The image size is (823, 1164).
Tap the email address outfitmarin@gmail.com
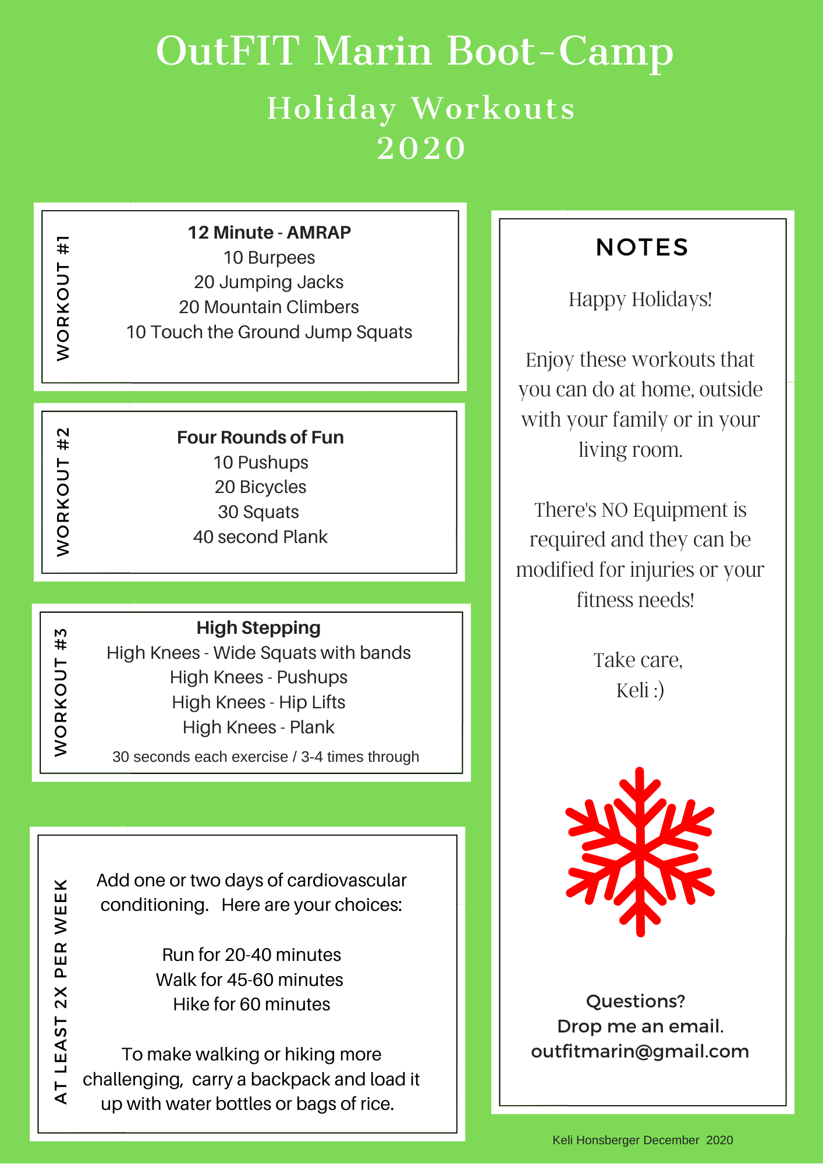tap(640, 1052)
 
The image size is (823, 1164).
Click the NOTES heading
tap(642, 247)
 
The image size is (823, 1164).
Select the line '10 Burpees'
tap(269, 258)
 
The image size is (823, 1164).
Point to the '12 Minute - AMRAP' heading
tap(269, 233)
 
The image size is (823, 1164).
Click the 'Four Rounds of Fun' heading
tap(260, 437)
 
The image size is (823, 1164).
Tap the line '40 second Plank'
tap(260, 537)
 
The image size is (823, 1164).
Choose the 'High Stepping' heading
tap(258, 627)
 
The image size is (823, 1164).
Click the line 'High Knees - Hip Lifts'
tap(258, 702)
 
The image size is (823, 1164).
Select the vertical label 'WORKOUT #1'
tap(63, 297)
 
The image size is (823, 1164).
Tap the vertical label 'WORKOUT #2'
tap(63, 492)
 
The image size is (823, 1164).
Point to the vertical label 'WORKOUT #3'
tap(61, 693)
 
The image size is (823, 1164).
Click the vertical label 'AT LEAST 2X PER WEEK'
tap(61, 991)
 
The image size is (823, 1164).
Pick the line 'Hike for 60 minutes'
tap(251, 1005)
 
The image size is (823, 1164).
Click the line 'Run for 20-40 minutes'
tap(251, 955)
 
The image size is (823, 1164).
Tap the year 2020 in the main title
tap(421, 148)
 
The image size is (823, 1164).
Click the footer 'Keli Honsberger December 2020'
tap(643, 1140)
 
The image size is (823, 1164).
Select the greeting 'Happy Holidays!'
tap(640, 299)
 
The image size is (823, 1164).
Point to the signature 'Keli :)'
tap(640, 690)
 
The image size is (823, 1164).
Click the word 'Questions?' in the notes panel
tap(636, 1001)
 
